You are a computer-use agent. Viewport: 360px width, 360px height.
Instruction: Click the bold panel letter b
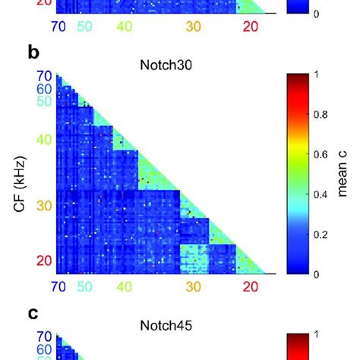coord(33,53)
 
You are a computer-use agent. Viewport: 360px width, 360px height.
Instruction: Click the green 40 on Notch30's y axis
coord(45,140)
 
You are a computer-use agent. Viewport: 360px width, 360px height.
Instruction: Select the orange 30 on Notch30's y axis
coord(45,206)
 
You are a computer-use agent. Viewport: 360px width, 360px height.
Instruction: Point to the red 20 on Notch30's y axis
coord(45,261)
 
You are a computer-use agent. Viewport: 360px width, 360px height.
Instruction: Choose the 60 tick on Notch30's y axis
coord(45,88)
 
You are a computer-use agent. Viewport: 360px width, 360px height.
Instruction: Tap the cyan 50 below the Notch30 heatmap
coord(84,287)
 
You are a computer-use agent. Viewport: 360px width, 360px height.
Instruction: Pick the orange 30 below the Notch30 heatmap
coord(194,287)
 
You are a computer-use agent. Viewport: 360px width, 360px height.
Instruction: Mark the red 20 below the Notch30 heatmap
coord(250,287)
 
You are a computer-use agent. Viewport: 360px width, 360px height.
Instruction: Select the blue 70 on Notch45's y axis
coord(45,337)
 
